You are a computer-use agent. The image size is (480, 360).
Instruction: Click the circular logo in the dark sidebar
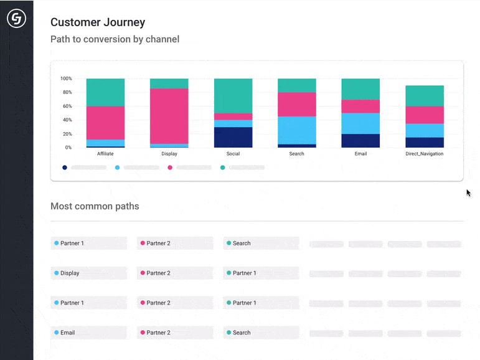pyautogui.click(x=16, y=19)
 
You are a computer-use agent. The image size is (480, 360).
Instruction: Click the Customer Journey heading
pyautogui.click(x=97, y=22)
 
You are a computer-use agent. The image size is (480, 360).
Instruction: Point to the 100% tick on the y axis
pyautogui.click(x=66, y=78)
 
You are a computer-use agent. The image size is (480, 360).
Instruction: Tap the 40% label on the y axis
pyautogui.click(x=67, y=120)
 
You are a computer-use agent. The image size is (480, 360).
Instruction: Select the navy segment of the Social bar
pyautogui.click(x=233, y=137)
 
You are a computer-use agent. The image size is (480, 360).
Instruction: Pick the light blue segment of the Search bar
pyautogui.click(x=296, y=130)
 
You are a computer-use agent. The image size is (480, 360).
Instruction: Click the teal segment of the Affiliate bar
pyautogui.click(x=105, y=92)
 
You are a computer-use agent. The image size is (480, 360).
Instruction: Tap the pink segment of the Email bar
pyautogui.click(x=360, y=107)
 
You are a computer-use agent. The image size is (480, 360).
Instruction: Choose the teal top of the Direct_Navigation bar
pyautogui.click(x=424, y=96)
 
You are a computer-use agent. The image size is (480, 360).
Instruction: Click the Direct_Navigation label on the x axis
pyautogui.click(x=424, y=154)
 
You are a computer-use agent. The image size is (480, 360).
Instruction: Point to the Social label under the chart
pyautogui.click(x=233, y=154)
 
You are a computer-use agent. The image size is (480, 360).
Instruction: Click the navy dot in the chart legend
pyautogui.click(x=65, y=168)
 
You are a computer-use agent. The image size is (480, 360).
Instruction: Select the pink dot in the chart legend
pyautogui.click(x=170, y=168)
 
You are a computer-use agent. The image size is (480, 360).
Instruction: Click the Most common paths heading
pyautogui.click(x=95, y=206)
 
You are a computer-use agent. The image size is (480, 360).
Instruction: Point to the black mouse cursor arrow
pyautogui.click(x=468, y=192)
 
